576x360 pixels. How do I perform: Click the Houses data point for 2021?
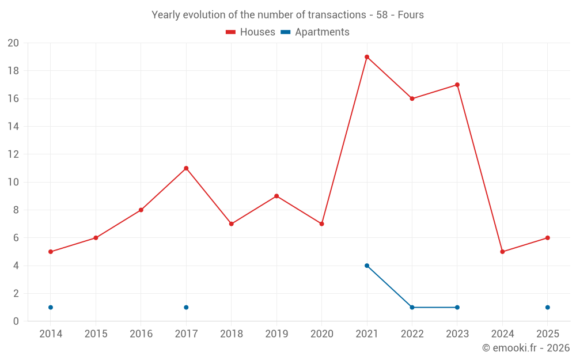coord(367,57)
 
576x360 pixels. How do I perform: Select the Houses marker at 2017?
coord(186,168)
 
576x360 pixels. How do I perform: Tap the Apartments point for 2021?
coord(367,266)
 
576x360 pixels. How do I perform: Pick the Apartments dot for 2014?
coord(51,308)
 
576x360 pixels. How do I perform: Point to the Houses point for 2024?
coord(502,252)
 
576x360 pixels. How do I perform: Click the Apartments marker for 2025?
coord(547,308)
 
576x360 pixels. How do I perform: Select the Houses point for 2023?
coord(457,85)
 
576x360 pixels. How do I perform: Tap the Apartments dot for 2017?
coord(186,308)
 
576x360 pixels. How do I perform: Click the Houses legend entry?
coord(251,32)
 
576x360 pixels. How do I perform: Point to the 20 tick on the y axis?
coord(13,43)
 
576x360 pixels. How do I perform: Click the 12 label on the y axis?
coord(13,154)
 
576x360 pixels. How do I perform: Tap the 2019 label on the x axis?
coord(276,334)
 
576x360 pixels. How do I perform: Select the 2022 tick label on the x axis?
coord(412,334)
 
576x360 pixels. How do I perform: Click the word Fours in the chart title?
coord(411,15)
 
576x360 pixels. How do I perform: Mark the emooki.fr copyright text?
coord(525,348)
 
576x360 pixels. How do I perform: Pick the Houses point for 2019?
coord(276,196)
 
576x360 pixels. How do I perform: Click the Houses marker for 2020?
coord(321,224)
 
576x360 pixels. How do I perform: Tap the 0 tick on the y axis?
coord(16,321)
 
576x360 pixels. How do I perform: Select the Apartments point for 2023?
coord(457,308)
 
